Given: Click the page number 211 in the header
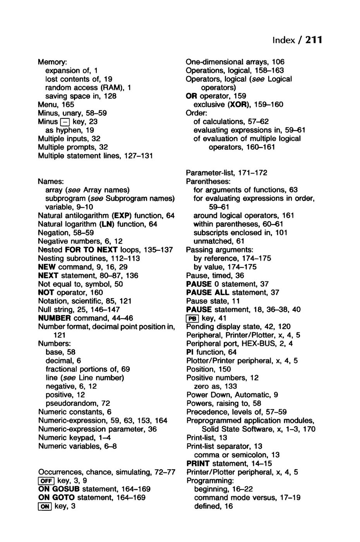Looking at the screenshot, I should (x=314, y=40).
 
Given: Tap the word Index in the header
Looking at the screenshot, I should (x=283, y=40).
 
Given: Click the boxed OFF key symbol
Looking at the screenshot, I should (x=46, y=481).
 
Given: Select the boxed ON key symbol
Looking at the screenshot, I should (x=45, y=506).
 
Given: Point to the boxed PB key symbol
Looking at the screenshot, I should (x=192, y=318).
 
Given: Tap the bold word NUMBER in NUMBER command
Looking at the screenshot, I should (x=55, y=318).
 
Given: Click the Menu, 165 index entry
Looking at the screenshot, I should (x=56, y=105).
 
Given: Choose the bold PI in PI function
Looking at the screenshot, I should (x=190, y=352).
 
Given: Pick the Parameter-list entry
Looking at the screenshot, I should (x=226, y=173).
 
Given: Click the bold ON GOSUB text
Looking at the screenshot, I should (x=59, y=489).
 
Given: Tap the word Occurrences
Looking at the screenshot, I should (x=61, y=472).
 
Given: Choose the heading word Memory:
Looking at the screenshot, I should (x=53, y=62).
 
